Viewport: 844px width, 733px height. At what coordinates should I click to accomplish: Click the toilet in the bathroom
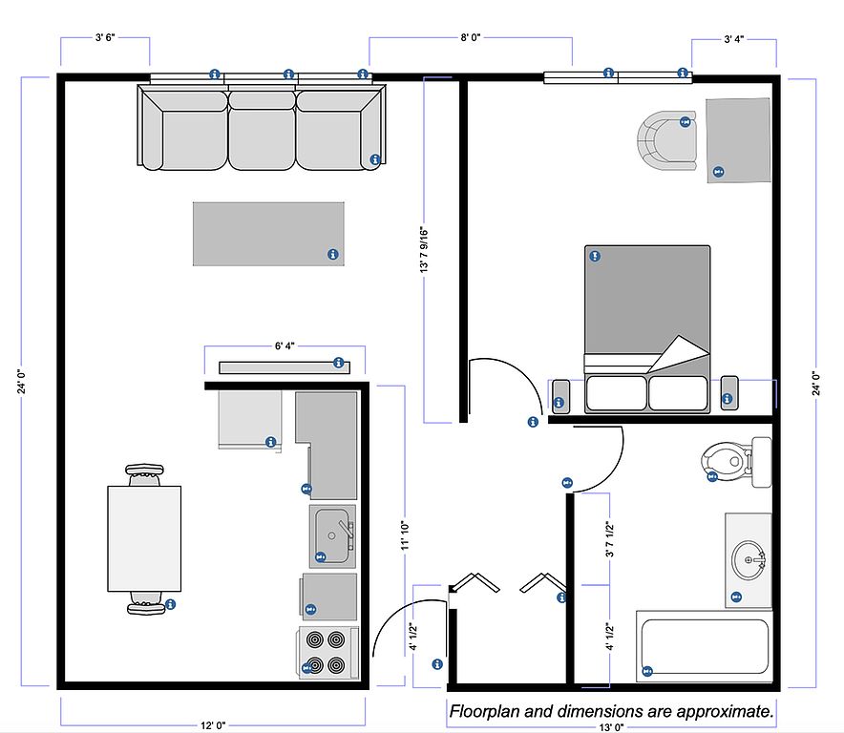(x=735, y=462)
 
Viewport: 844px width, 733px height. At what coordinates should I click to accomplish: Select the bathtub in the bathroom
(x=705, y=646)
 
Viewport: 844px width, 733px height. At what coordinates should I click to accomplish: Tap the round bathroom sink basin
(x=749, y=559)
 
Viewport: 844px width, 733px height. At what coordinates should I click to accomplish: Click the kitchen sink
(x=332, y=536)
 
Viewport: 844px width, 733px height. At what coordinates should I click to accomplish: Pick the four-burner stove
(x=327, y=652)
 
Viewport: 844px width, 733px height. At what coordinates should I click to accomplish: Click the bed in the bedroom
(x=647, y=329)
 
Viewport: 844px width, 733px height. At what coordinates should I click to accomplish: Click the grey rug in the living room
(x=268, y=234)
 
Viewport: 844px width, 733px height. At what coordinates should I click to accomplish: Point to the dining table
(x=144, y=538)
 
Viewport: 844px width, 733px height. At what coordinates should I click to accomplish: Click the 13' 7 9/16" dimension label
(x=424, y=250)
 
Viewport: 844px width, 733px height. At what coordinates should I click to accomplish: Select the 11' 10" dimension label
(x=405, y=535)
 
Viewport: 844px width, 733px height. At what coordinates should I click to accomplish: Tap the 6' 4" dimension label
(x=285, y=346)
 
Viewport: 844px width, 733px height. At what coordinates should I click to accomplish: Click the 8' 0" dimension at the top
(x=471, y=37)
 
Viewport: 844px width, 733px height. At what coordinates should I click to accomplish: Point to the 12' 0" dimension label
(x=213, y=725)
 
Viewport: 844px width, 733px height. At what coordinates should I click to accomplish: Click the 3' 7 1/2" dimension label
(x=609, y=539)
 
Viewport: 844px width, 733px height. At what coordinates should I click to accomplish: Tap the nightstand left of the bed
(x=560, y=397)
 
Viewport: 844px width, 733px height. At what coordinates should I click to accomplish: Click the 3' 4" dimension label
(x=734, y=39)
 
